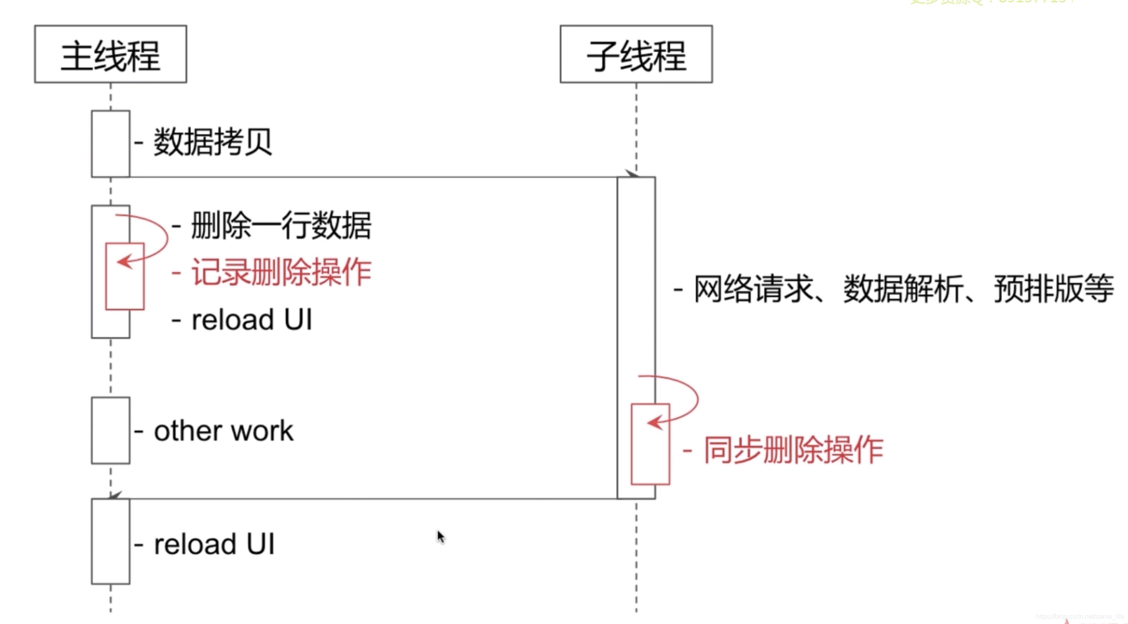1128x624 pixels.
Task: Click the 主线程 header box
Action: tap(110, 54)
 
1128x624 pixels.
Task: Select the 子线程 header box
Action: tap(636, 54)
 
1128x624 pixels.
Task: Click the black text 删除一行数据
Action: tap(281, 226)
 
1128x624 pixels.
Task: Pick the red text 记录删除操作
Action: tap(281, 272)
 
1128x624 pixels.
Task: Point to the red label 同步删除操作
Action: tap(793, 450)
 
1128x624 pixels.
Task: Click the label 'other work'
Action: tap(223, 431)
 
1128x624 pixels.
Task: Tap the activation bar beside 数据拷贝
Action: tap(110, 144)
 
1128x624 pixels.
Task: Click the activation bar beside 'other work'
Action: tap(110, 430)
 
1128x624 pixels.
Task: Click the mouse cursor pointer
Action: tap(440, 536)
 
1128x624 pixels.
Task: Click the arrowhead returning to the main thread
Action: tap(114, 495)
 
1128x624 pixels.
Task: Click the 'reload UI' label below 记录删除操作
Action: tap(252, 320)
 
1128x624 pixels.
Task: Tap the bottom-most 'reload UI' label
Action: tap(214, 544)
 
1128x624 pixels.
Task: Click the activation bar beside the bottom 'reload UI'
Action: tap(110, 541)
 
